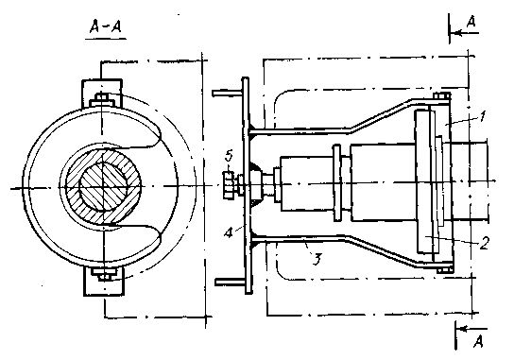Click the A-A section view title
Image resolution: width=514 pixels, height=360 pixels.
click(x=106, y=26)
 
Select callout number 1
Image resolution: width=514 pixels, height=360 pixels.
click(x=481, y=117)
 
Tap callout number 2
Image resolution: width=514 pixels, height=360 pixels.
click(x=484, y=243)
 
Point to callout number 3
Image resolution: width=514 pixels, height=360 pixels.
click(x=316, y=259)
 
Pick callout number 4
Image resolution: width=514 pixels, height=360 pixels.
click(x=229, y=232)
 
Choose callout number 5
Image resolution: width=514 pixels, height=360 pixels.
click(x=228, y=156)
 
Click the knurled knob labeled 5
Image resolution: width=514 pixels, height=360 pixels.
click(x=230, y=185)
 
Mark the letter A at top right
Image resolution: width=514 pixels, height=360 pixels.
click(x=471, y=22)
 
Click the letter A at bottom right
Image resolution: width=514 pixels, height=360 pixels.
click(x=478, y=341)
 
